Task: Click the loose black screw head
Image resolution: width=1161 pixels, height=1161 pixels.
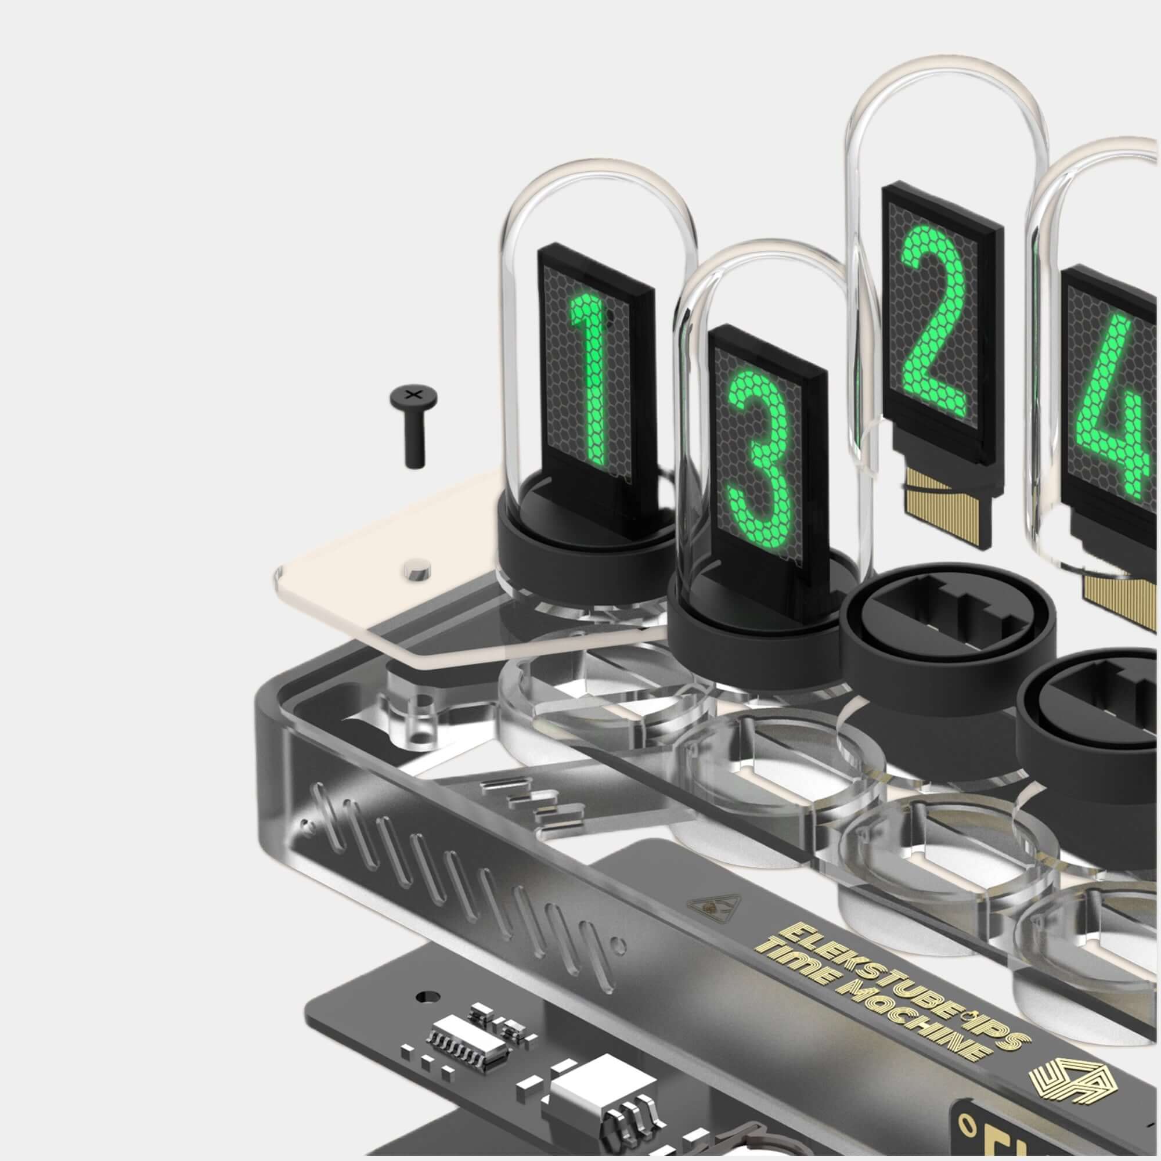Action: click(413, 395)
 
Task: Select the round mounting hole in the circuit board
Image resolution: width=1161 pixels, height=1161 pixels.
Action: click(428, 996)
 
